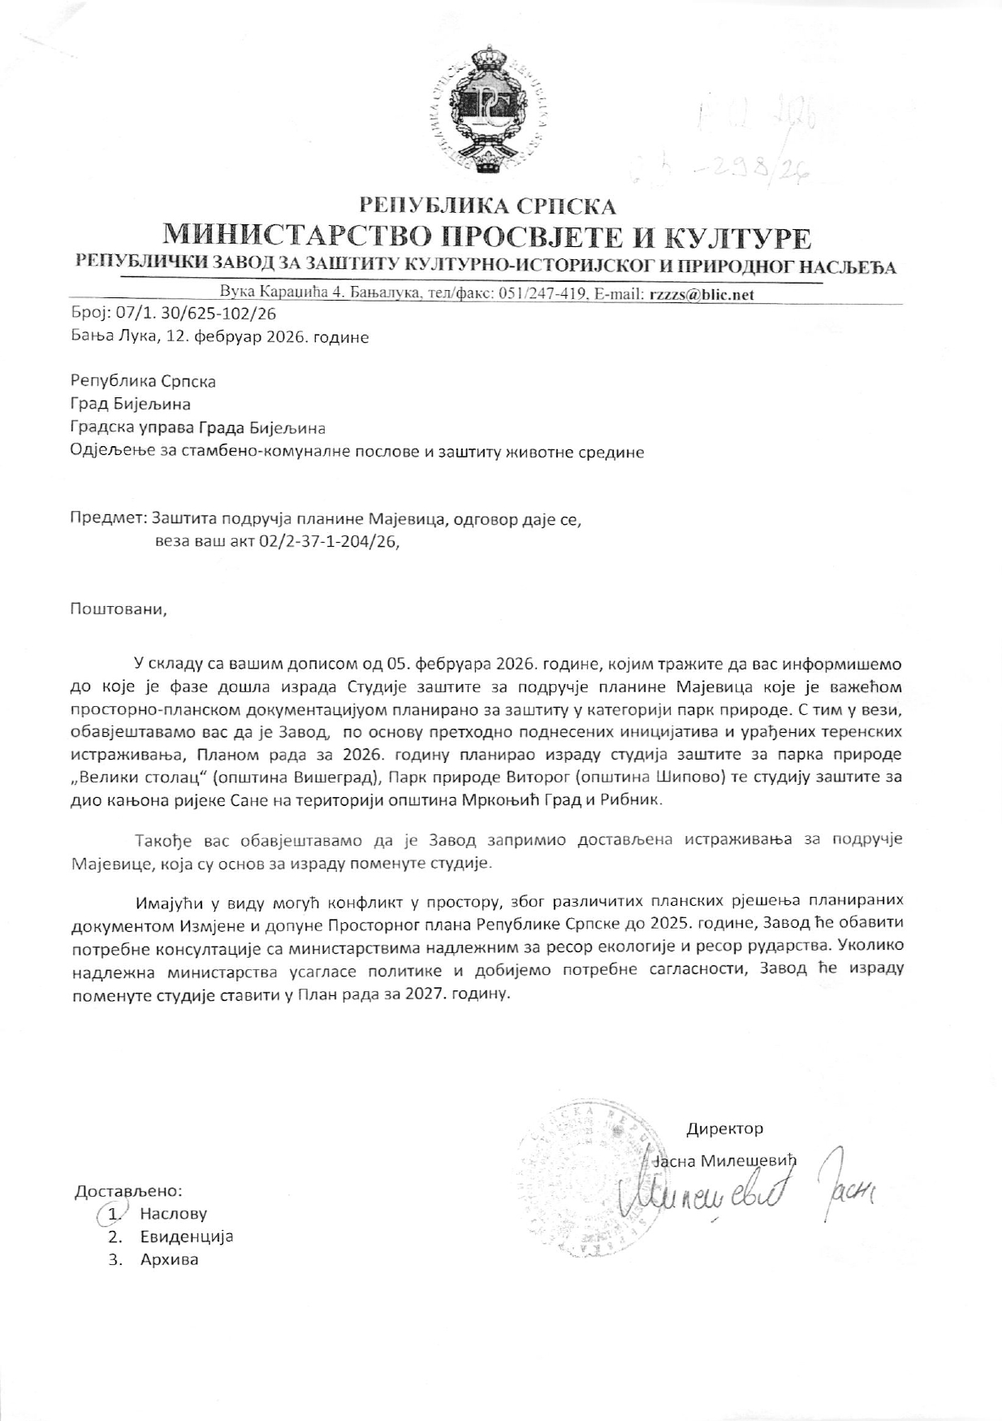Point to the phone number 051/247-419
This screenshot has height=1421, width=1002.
pyautogui.click(x=541, y=294)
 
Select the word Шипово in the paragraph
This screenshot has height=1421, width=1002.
pyautogui.click(x=718, y=777)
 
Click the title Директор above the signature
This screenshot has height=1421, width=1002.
pyautogui.click(x=724, y=1129)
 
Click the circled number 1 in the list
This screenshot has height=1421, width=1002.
pyautogui.click(x=114, y=1215)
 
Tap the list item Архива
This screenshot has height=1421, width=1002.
pyautogui.click(x=169, y=1260)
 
